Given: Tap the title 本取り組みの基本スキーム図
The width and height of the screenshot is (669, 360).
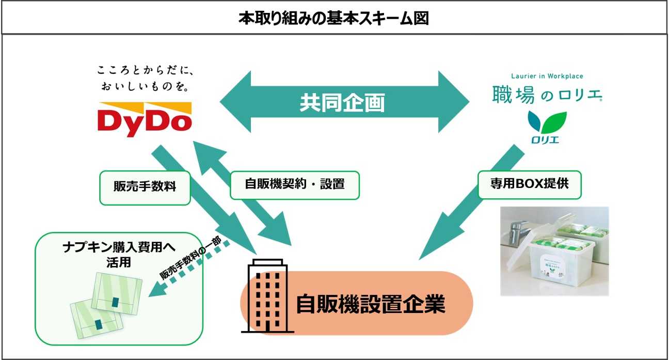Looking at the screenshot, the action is pos(334,18).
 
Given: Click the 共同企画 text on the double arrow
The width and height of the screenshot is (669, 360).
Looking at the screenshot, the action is pos(342,103).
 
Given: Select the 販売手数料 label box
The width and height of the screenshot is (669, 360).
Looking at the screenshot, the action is pos(145,187).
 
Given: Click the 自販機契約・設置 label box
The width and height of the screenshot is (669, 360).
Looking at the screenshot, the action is pos(294,185).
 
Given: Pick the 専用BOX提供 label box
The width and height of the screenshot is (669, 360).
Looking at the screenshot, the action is pos(530,184).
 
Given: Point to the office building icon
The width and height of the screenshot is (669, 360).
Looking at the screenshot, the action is pos(267,296).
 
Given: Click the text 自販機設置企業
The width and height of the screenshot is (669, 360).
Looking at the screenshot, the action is pos(371,304).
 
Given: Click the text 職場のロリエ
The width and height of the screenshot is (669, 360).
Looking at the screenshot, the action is pos(547,95).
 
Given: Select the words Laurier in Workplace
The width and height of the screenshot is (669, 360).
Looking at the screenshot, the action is pos(547,76).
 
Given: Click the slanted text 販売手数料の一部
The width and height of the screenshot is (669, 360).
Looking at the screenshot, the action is pos(190,258).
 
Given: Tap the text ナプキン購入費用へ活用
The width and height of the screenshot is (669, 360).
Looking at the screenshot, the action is pos(119,255).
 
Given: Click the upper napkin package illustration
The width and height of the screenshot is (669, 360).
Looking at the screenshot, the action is pos(117,293).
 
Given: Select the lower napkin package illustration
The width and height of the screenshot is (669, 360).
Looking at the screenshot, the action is pos(97,319).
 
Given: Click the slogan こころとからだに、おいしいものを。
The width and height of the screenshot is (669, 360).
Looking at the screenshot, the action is pos(146,79).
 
